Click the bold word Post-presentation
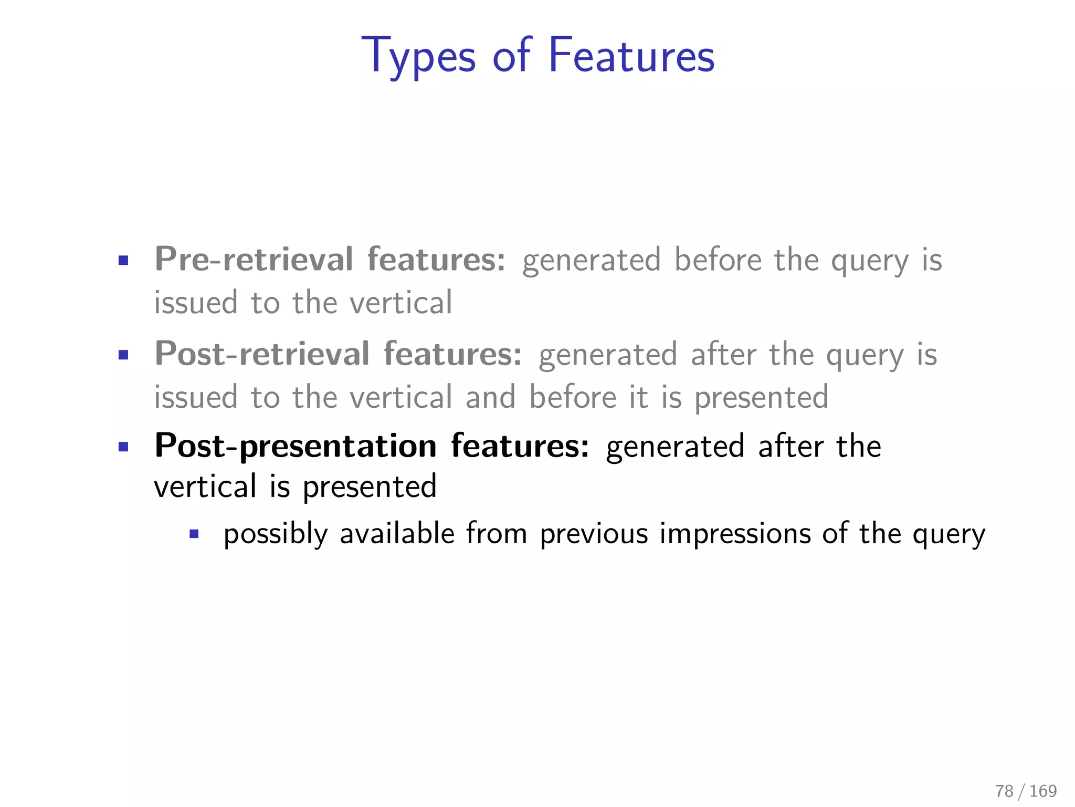(x=296, y=447)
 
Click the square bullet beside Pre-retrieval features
(x=123, y=261)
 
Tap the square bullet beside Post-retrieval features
(x=123, y=355)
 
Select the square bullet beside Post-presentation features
(x=123, y=448)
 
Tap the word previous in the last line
(x=594, y=534)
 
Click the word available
(x=397, y=534)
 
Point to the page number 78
(x=1004, y=791)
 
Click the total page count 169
(x=1043, y=791)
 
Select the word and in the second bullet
(x=490, y=397)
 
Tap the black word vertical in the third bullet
(x=205, y=487)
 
